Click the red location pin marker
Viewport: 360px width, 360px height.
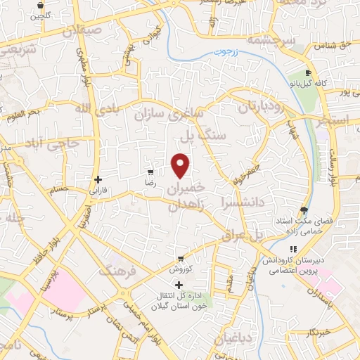tap(181, 165)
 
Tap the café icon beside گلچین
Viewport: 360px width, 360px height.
tap(37, 4)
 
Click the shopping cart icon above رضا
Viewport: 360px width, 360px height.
tap(150, 172)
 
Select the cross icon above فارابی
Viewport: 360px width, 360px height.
tap(98, 179)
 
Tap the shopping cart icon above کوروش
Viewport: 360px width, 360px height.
tap(181, 259)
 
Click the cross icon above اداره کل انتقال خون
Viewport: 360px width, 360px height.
tap(179, 285)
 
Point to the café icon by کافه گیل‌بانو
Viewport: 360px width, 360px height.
tap(309, 73)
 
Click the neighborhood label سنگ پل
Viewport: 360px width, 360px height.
tap(203, 133)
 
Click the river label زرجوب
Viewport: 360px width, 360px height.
tap(245, 51)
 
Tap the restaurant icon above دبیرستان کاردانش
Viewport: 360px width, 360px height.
tap(292, 250)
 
